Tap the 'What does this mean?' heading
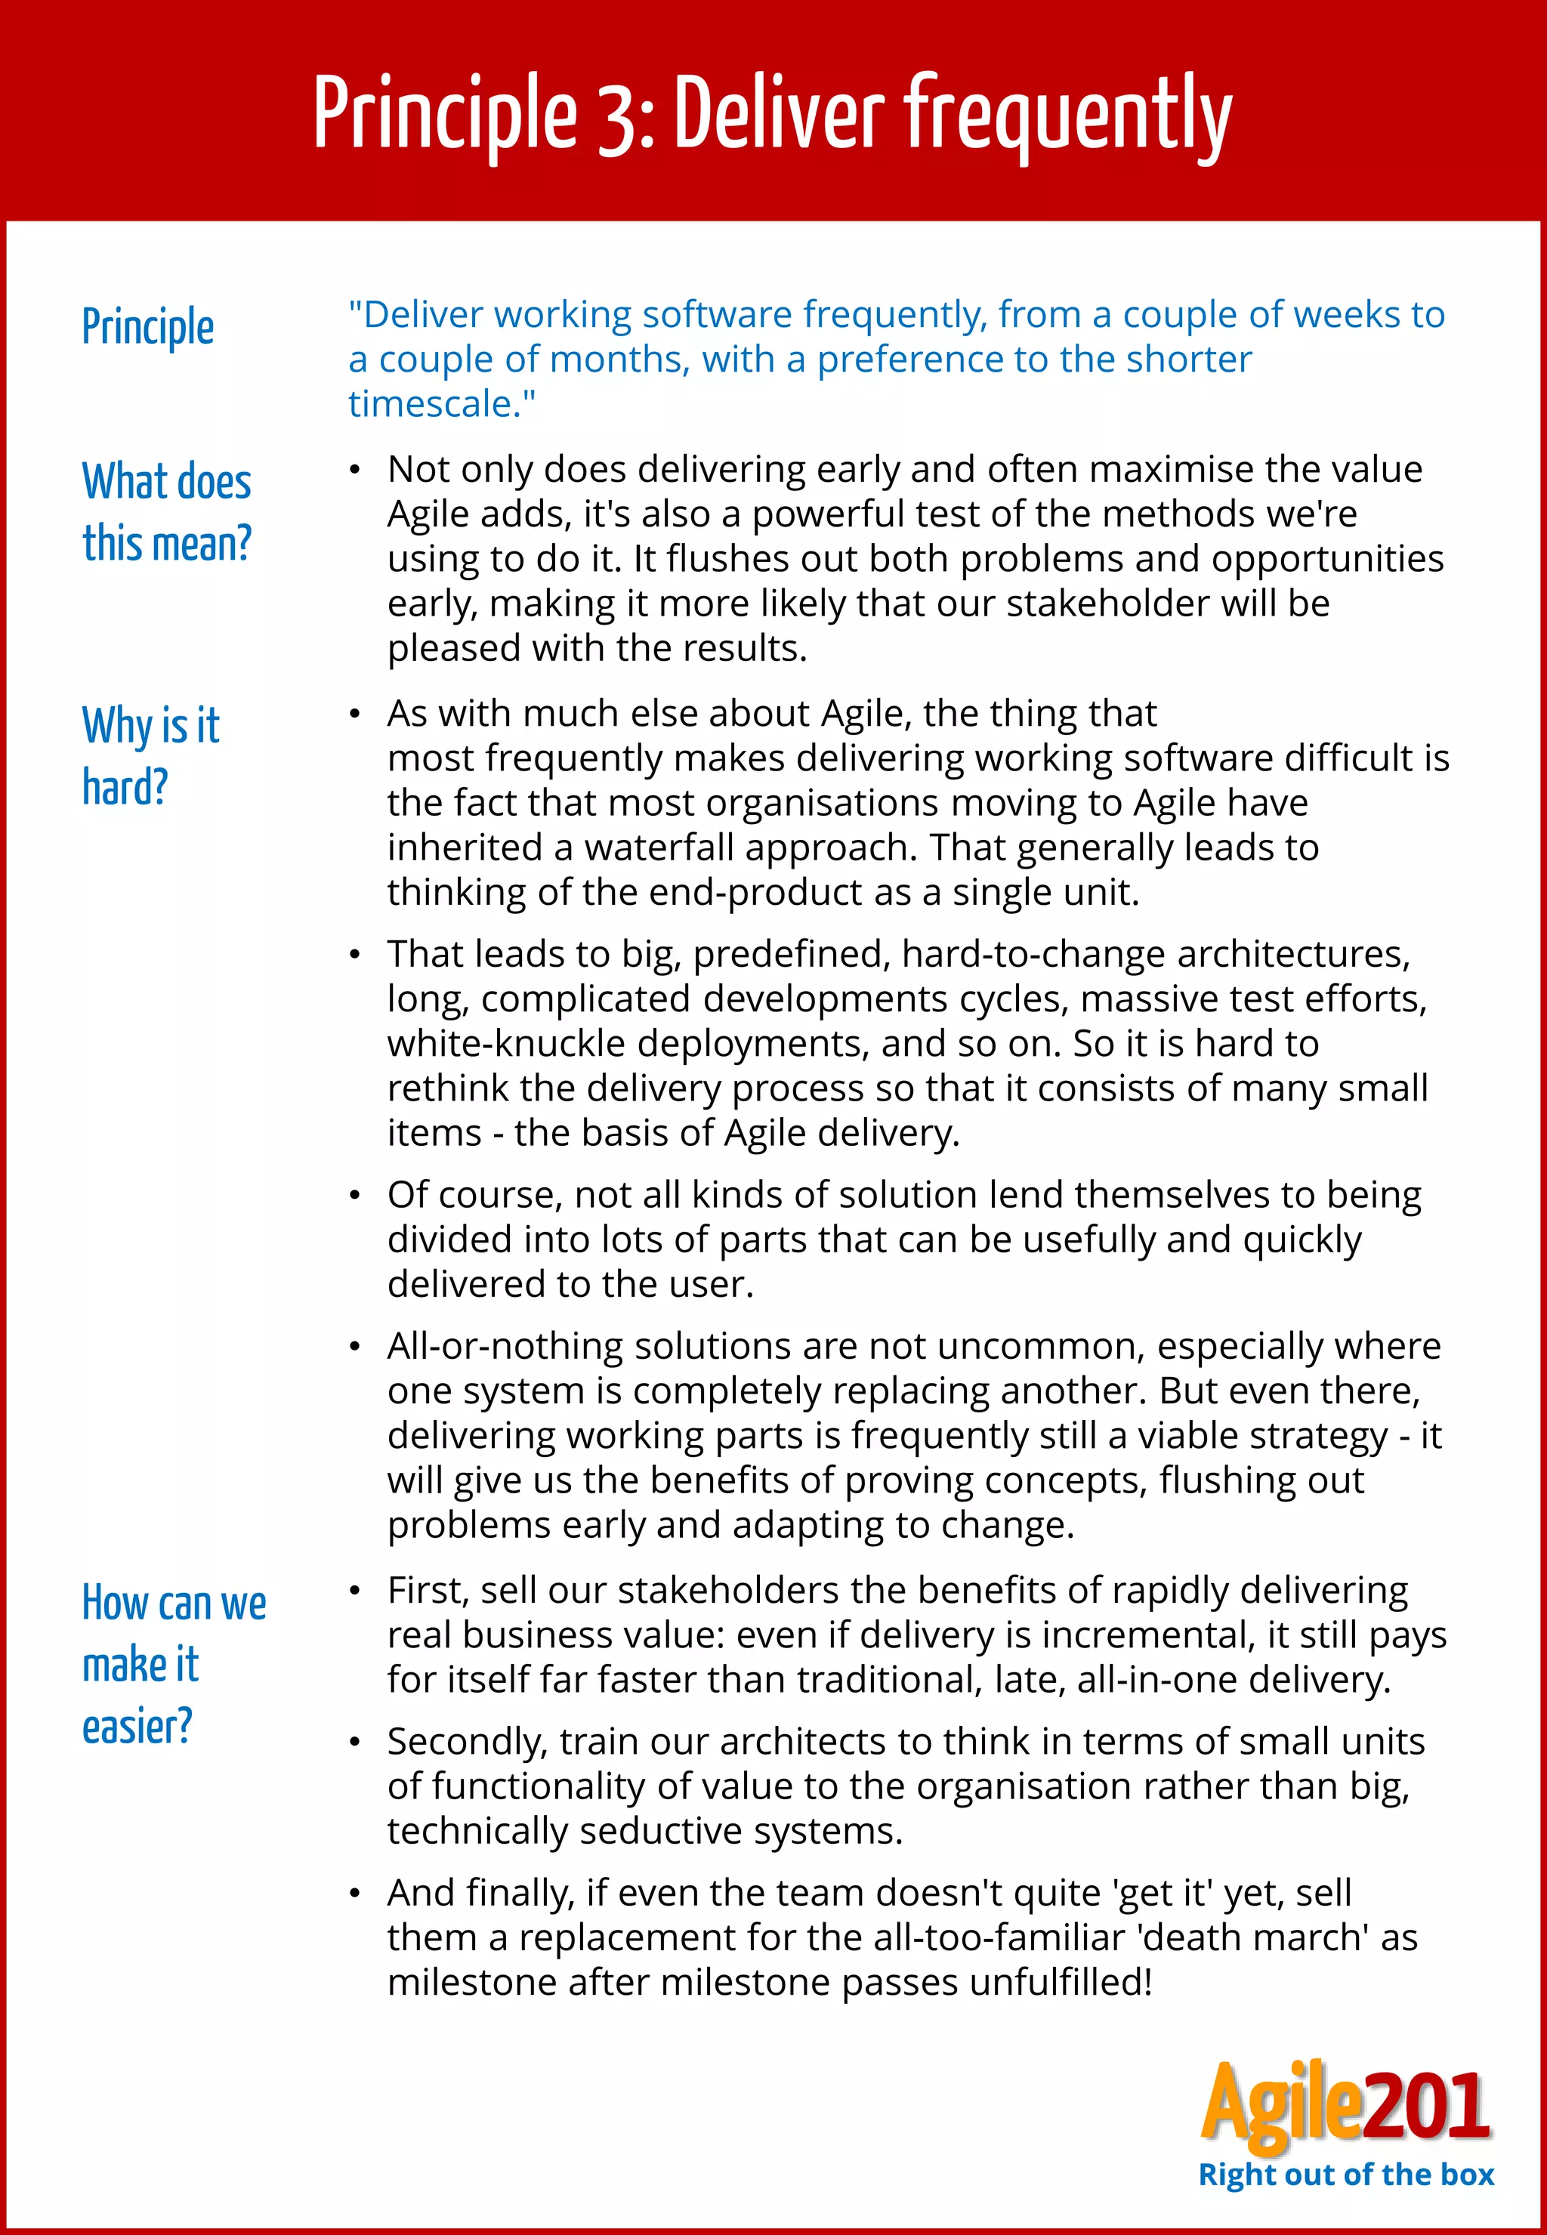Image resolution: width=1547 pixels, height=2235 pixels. pyautogui.click(x=167, y=512)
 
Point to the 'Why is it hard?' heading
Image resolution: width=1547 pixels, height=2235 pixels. pyautogui.click(x=150, y=755)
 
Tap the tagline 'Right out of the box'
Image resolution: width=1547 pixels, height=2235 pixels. pyautogui.click(x=1345, y=2174)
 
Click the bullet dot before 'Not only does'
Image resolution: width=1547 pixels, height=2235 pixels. pyautogui.click(x=355, y=471)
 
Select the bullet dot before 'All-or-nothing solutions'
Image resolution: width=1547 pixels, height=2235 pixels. pyautogui.click(x=355, y=1347)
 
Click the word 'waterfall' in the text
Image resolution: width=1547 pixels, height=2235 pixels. pyautogui.click(x=666, y=848)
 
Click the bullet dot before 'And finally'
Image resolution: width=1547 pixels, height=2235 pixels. pyautogui.click(x=355, y=1894)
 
